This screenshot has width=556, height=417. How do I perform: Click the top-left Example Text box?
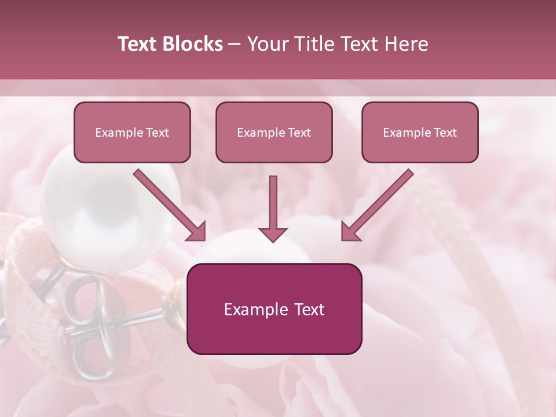(132, 132)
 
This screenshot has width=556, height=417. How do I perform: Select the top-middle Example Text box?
(274, 132)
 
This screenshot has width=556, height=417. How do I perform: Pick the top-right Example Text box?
(420, 132)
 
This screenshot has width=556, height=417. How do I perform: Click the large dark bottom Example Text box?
(274, 309)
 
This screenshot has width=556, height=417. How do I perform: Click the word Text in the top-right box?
(445, 133)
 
